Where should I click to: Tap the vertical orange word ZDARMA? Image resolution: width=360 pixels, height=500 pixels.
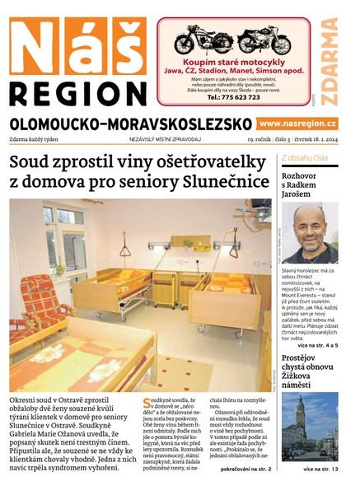coord(329,62)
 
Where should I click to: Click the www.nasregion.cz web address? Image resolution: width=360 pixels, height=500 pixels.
coord(297,123)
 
